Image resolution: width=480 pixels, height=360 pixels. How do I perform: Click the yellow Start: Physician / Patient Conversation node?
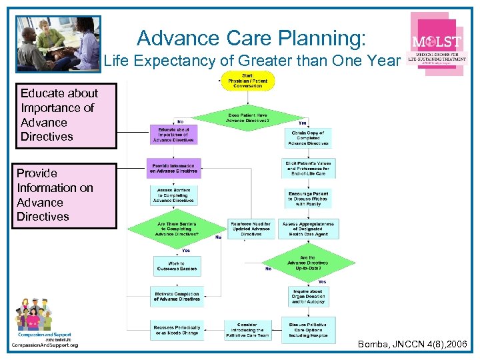pyautogui.click(x=247, y=81)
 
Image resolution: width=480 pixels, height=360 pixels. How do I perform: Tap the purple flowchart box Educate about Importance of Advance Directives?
pyautogui.click(x=173, y=135)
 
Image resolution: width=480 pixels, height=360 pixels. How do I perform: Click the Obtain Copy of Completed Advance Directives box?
pyautogui.click(x=307, y=137)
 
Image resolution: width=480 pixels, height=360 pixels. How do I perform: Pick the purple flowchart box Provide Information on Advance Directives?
pyautogui.click(x=173, y=168)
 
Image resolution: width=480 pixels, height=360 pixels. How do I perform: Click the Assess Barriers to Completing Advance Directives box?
pyautogui.click(x=173, y=195)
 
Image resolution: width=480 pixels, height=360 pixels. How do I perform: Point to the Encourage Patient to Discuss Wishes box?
pyautogui.click(x=307, y=198)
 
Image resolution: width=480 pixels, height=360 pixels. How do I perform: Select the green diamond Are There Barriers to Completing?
pyautogui.click(x=173, y=229)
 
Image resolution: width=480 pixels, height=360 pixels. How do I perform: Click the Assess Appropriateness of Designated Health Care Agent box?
pyautogui.click(x=308, y=229)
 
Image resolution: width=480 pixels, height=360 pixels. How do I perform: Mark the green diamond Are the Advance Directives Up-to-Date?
pyautogui.click(x=308, y=263)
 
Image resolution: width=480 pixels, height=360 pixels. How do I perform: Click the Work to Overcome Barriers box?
pyautogui.click(x=177, y=267)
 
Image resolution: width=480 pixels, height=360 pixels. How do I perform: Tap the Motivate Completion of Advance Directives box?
pyautogui.click(x=177, y=297)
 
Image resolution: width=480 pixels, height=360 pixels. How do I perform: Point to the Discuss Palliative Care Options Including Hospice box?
pyautogui.click(x=308, y=329)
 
